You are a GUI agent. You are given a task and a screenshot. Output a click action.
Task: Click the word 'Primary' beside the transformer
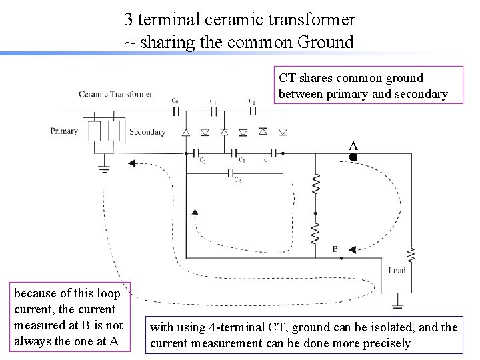pyautogui.click(x=64, y=131)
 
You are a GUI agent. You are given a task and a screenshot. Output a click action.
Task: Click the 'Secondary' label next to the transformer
pyautogui.click(x=147, y=132)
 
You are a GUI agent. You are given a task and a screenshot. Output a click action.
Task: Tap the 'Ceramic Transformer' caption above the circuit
pyautogui.click(x=115, y=94)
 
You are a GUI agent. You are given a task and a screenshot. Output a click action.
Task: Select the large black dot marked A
pyautogui.click(x=353, y=158)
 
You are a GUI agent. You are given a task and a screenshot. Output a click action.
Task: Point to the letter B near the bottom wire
pyautogui.click(x=335, y=249)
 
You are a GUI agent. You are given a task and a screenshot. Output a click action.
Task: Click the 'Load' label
pyautogui.click(x=397, y=270)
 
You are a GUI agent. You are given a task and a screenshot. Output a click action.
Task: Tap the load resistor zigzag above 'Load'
pyautogui.click(x=412, y=255)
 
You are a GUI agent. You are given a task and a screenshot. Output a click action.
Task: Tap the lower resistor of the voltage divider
pyautogui.click(x=316, y=232)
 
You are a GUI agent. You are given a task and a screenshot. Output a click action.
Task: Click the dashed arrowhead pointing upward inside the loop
pyautogui.click(x=195, y=212)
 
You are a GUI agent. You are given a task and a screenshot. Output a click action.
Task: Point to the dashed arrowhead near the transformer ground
pyautogui.click(x=132, y=163)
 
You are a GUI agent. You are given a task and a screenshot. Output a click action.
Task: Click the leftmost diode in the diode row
pyautogui.click(x=187, y=132)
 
